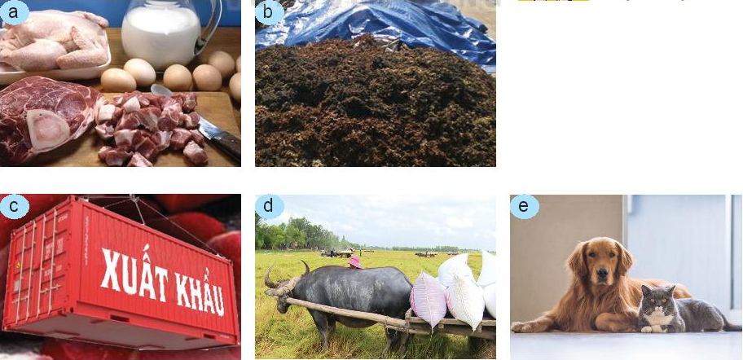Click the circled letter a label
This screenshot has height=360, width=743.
[x=14, y=12]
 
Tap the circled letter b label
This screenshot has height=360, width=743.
[x=269, y=12]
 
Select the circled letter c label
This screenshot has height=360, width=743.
[x=14, y=207]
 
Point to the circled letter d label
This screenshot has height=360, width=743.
[x=269, y=207]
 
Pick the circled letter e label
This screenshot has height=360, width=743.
[x=524, y=207]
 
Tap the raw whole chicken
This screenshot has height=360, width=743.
[x=55, y=40]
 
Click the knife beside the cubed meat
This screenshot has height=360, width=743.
[x=216, y=134]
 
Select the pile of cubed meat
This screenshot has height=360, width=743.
[x=152, y=127]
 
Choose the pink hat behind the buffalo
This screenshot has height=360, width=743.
[x=354, y=262]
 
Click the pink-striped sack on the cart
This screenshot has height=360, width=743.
[x=429, y=301]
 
